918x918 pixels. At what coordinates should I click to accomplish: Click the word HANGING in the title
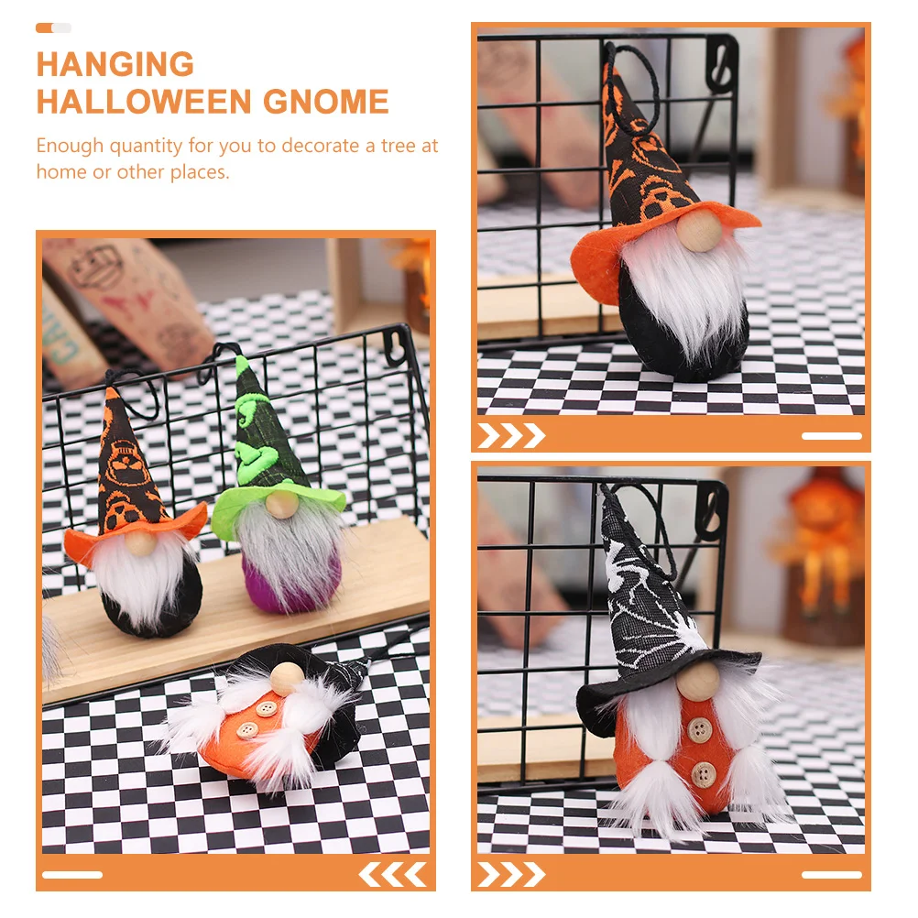tap(115, 64)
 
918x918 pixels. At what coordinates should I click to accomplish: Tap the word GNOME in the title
tap(326, 102)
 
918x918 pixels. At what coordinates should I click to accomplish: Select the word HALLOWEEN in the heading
tap(145, 102)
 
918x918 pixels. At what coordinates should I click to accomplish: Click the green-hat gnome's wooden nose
tap(281, 504)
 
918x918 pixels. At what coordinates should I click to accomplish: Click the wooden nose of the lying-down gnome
tap(287, 679)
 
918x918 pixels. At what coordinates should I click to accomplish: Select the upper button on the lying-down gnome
tap(267, 709)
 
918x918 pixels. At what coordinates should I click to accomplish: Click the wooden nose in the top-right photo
tap(700, 230)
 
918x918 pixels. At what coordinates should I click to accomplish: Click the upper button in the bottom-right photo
tap(699, 729)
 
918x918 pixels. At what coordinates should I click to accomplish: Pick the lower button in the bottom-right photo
tap(703, 775)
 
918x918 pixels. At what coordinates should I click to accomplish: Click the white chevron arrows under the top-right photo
tap(511, 435)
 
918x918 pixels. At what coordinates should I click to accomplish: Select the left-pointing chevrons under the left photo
tap(393, 875)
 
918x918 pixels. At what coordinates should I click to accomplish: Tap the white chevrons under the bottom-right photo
tap(511, 875)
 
